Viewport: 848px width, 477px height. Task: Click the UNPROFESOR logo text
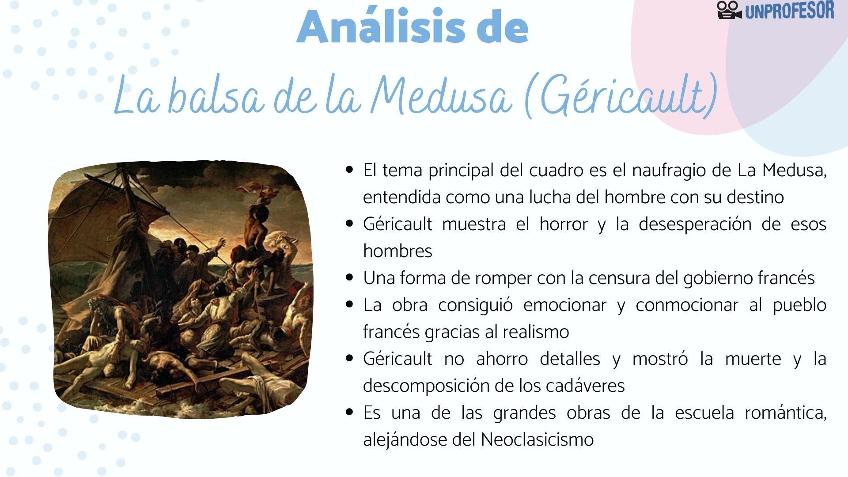[x=789, y=10]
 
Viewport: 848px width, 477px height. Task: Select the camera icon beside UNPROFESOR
[x=729, y=10]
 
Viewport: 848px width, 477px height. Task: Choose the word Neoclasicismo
[x=537, y=440]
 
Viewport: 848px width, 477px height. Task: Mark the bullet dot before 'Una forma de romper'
[x=350, y=277]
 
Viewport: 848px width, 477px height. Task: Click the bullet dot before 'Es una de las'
[x=350, y=412]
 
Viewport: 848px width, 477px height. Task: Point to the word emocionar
[x=565, y=305]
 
